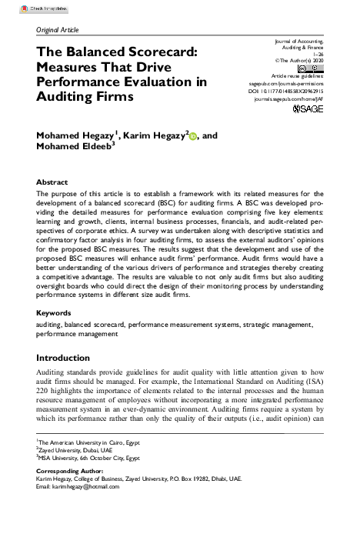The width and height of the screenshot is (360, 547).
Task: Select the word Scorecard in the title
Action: coord(158,51)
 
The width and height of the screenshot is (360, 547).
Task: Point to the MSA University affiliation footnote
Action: coord(89,458)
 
